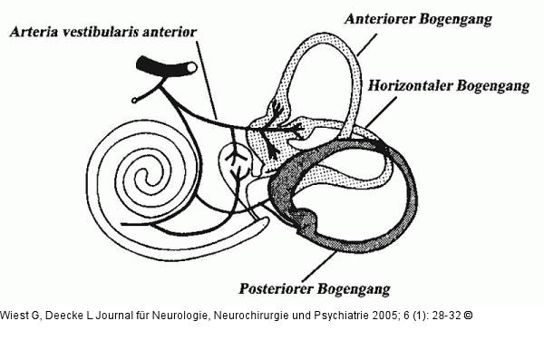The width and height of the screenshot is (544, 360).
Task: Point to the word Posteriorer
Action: (x=277, y=288)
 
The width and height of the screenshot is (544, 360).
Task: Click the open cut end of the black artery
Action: (x=191, y=67)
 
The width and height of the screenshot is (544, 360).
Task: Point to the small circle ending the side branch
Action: (x=134, y=101)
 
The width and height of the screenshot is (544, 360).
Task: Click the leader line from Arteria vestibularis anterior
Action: (x=206, y=80)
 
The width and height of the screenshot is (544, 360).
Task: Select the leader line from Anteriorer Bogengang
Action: (x=366, y=44)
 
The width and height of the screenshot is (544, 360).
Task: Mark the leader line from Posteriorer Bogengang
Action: (x=319, y=267)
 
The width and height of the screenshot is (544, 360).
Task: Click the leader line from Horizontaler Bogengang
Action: (x=381, y=112)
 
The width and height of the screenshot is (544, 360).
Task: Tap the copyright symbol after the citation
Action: (x=468, y=316)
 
